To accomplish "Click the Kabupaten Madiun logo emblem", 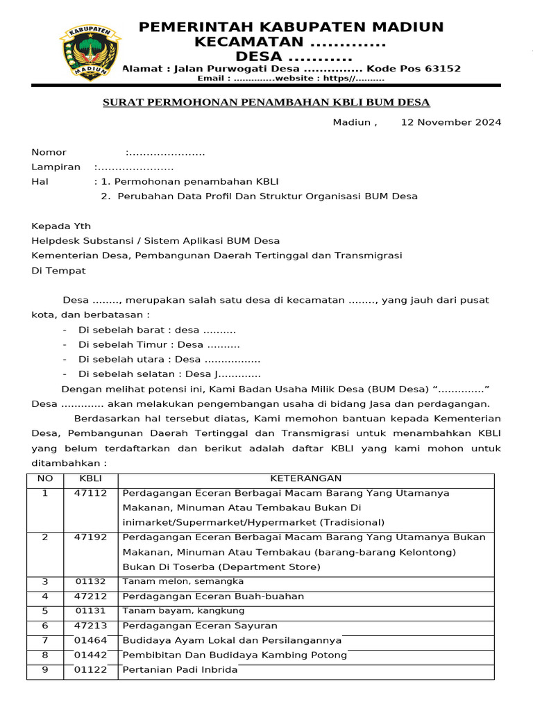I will [87, 52].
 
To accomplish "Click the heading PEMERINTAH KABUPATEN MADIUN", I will [291, 27].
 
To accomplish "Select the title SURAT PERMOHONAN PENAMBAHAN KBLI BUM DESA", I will [266, 103].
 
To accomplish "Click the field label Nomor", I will [49, 152].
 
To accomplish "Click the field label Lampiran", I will [55, 167].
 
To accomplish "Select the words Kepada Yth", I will [61, 226].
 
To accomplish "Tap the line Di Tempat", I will [58, 270].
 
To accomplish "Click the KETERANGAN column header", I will [305, 478].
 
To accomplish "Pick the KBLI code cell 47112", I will [90, 493].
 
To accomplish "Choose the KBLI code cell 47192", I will [90, 537].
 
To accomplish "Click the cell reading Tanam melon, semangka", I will [183, 581].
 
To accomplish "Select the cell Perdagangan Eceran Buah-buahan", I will [213, 596].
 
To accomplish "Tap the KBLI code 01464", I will [90, 640].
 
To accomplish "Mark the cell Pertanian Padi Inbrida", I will [180, 670].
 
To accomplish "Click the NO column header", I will [44, 478].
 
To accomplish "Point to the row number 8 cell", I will [44, 655].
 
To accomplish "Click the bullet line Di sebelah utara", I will [169, 359].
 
